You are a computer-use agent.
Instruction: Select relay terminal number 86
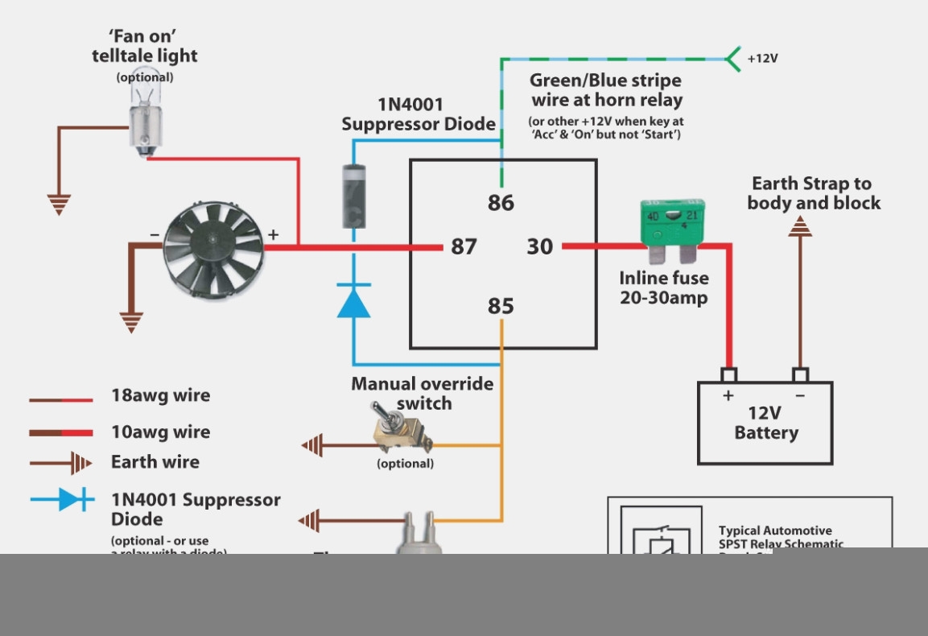[501, 203]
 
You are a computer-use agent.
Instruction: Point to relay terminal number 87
[464, 246]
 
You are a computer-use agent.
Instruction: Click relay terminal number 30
[540, 246]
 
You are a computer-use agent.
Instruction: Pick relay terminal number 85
[501, 307]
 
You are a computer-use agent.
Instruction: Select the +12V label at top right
[762, 59]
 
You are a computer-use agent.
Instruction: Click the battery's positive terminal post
[729, 376]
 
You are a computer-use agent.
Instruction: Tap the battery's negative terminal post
[800, 376]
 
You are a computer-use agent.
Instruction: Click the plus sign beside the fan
[273, 235]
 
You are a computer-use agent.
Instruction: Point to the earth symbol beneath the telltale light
[58, 204]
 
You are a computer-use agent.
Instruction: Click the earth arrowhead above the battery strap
[799, 229]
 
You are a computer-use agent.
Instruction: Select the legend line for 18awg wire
[61, 399]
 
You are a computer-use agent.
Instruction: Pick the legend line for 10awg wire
[61, 433]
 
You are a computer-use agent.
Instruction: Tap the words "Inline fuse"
[664, 279]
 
